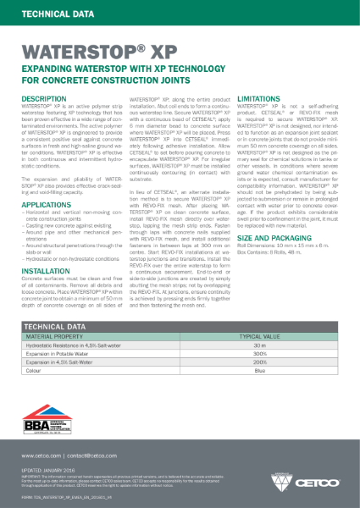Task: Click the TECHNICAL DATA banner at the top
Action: (50, 14)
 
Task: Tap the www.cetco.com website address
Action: (41, 456)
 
